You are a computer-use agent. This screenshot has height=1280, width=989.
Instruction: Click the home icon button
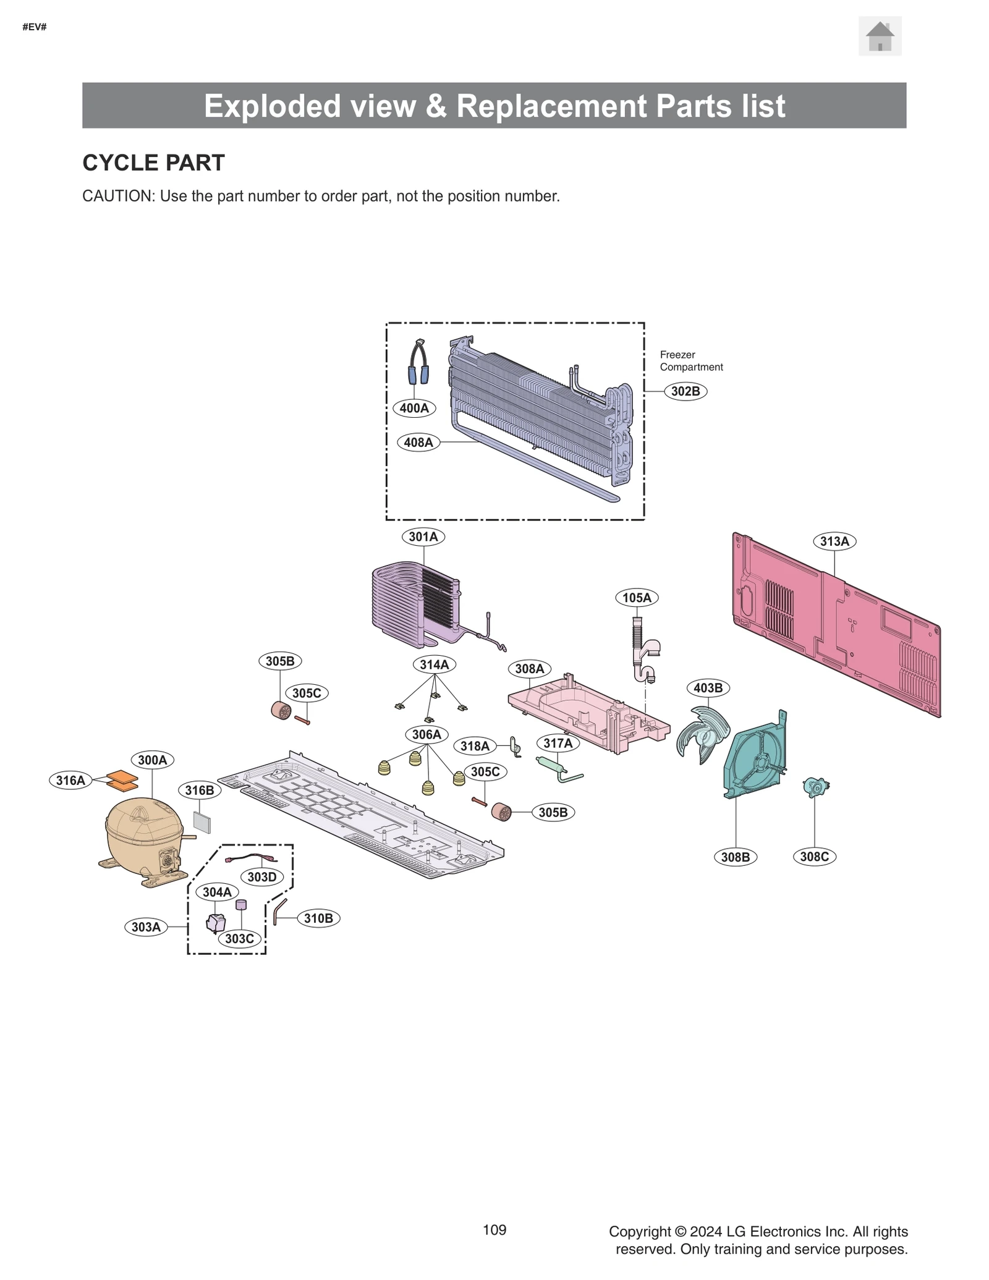879,36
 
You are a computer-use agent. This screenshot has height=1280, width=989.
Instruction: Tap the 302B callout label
685,391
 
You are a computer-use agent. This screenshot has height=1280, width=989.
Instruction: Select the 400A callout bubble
414,408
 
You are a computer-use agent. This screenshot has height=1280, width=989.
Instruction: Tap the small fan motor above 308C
815,787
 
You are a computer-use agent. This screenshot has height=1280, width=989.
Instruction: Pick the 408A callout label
418,443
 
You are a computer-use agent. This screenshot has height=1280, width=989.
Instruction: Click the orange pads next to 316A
122,781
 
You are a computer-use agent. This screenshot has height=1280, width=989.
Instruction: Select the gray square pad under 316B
202,821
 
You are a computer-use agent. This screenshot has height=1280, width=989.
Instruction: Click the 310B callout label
318,918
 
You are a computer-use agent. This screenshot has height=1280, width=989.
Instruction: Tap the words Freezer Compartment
690,361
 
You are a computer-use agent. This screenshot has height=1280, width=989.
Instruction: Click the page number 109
494,1230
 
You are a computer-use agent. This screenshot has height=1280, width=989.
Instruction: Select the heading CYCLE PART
153,163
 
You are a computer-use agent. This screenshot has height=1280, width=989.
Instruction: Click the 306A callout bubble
427,734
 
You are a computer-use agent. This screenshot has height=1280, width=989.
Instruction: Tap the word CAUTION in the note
117,197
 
